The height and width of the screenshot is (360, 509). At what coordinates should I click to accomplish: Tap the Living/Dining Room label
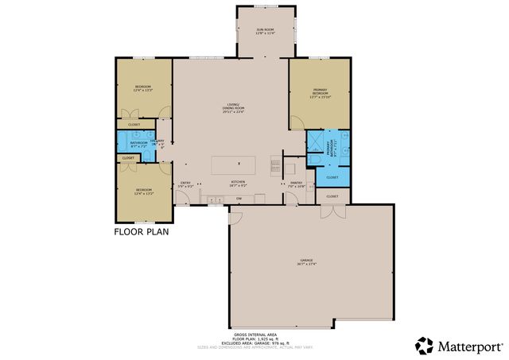pos(233,109)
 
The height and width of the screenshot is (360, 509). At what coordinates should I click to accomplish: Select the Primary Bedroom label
pos(320,93)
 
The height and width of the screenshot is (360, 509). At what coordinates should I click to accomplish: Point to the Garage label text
pos(306,263)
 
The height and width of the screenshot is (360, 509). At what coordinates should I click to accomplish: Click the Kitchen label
pos(238,183)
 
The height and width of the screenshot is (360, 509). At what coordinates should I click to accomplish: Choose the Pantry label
pos(296,184)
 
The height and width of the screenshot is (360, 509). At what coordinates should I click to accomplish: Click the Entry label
pos(185,184)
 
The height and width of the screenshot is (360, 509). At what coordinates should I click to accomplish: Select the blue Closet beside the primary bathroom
pos(332,177)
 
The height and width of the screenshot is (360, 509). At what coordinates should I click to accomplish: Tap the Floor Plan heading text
pos(141,233)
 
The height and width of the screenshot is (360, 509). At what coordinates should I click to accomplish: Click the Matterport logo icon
pos(424,345)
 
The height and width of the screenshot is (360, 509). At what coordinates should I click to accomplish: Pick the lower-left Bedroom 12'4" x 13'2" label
pos(143,192)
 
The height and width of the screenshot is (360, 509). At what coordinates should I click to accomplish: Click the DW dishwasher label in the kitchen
pos(238,198)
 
